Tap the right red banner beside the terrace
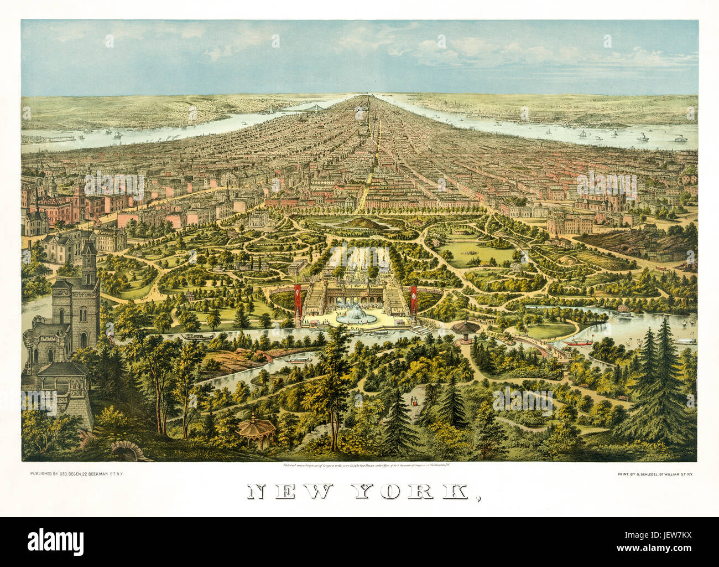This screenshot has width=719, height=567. click(x=413, y=299)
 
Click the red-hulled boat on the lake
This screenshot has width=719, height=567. click(x=579, y=341)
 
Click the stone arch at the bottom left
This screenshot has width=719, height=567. click(x=126, y=451)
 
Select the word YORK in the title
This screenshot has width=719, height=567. click(x=413, y=492)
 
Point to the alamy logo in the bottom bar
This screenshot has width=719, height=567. click(x=55, y=541)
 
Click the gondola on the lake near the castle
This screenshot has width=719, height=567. click(x=194, y=336)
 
